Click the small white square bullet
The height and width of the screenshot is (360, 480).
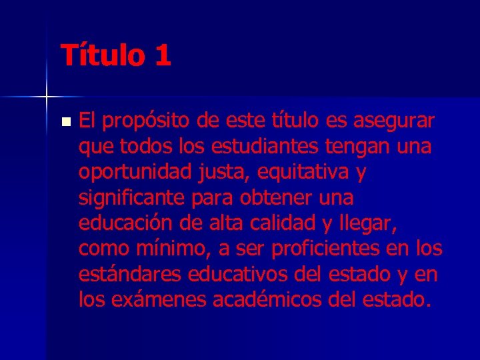click(x=65, y=122)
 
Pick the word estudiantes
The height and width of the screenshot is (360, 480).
click(x=253, y=147)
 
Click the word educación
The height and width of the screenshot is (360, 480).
click(x=122, y=223)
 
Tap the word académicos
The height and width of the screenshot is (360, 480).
click(x=269, y=299)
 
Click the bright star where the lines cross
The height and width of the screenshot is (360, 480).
click(x=47, y=97)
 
